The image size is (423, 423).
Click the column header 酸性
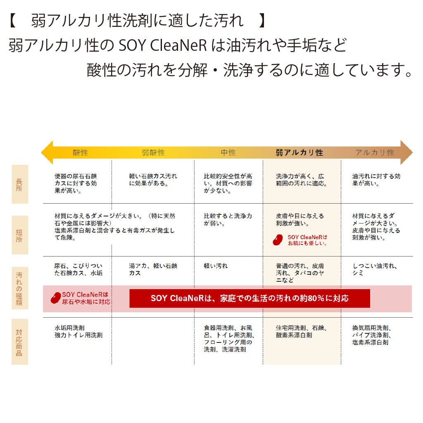(x=81, y=152)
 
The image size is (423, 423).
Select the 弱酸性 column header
(x=153, y=152)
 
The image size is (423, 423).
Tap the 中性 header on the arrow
(x=228, y=152)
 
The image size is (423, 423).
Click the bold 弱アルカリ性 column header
(x=299, y=152)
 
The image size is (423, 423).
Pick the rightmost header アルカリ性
(x=374, y=152)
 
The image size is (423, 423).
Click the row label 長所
(x=20, y=184)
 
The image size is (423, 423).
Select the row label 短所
(x=20, y=235)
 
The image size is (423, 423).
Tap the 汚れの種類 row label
(x=20, y=288)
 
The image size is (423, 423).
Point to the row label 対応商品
(x=20, y=342)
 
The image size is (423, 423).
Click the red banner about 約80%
(x=250, y=298)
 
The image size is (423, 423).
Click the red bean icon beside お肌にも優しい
(x=278, y=240)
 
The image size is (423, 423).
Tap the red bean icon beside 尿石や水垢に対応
(x=56, y=298)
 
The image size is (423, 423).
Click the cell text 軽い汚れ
(x=216, y=266)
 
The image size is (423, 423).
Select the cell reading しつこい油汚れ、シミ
(x=375, y=269)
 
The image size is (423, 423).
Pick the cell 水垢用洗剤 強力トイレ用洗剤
(x=78, y=331)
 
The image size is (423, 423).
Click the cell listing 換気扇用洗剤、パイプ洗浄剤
(x=372, y=335)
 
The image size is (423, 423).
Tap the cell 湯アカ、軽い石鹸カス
(x=153, y=269)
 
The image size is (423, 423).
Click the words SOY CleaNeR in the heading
(x=163, y=45)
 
